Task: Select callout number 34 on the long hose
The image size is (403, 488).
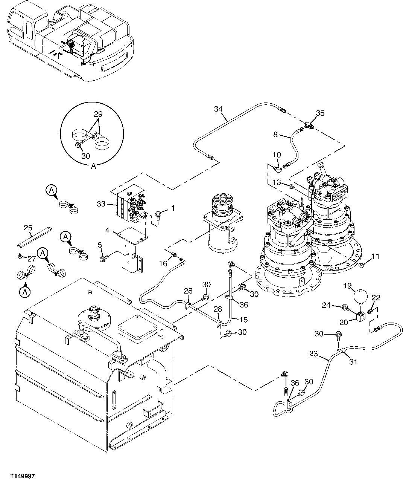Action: pyautogui.click(x=219, y=109)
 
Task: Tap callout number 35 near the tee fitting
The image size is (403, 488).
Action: pyautogui.click(x=320, y=113)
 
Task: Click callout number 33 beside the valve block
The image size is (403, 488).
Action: pyautogui.click(x=101, y=204)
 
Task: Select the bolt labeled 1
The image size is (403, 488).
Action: pyautogui.click(x=158, y=215)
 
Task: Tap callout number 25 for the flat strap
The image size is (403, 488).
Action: pyautogui.click(x=28, y=228)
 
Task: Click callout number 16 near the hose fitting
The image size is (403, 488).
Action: pyautogui.click(x=163, y=263)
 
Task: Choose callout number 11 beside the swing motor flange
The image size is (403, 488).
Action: pyautogui.click(x=376, y=257)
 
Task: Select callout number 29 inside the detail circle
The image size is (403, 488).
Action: pyautogui.click(x=98, y=114)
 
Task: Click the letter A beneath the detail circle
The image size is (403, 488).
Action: pyautogui.click(x=93, y=166)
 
